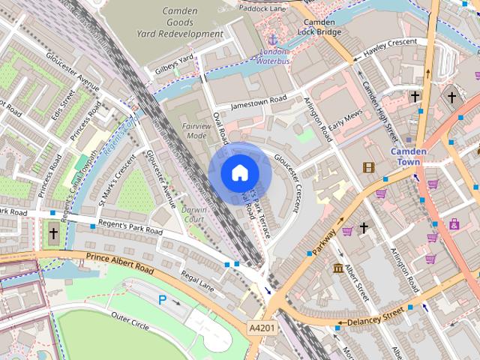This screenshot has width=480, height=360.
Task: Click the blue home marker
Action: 238,172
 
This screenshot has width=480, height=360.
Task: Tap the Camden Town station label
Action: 409,157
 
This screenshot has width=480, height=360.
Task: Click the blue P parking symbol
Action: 162,300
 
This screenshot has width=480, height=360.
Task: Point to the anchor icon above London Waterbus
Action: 274,39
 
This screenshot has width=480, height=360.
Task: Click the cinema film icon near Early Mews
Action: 368,167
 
